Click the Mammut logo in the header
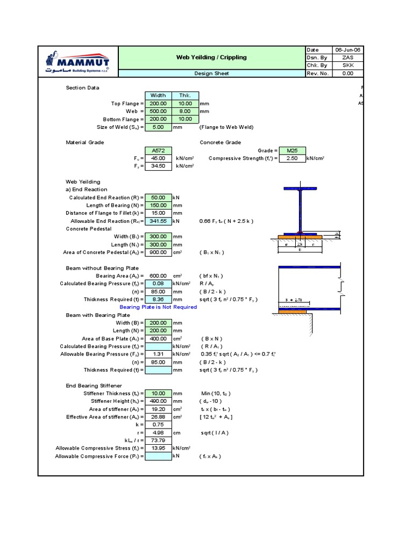pyautogui.click(x=77, y=61)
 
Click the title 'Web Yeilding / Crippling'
pyautogui.click(x=211, y=57)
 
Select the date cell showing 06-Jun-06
pyautogui.click(x=348, y=49)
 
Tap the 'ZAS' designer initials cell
pyautogui.click(x=348, y=57)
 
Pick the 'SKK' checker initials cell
pyautogui.click(x=348, y=66)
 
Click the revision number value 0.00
pyautogui.click(x=348, y=74)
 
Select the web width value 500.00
pyautogui.click(x=158, y=111)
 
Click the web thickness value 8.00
pyautogui.click(x=185, y=111)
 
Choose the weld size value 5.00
pyautogui.click(x=158, y=127)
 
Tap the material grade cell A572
pyautogui.click(x=158, y=151)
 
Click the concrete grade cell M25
pyautogui.click(x=292, y=151)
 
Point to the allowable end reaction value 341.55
pyautogui.click(x=158, y=221)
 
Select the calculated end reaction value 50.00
pyautogui.click(x=158, y=198)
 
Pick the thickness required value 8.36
pyautogui.click(x=158, y=299)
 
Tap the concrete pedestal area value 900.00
pyautogui.click(x=158, y=252)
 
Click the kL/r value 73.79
pyautogui.click(x=158, y=440)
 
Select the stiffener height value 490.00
pyautogui.click(x=158, y=401)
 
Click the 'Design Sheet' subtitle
pyautogui.click(x=211, y=74)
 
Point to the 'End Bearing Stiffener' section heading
pyautogui.click(x=94, y=386)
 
